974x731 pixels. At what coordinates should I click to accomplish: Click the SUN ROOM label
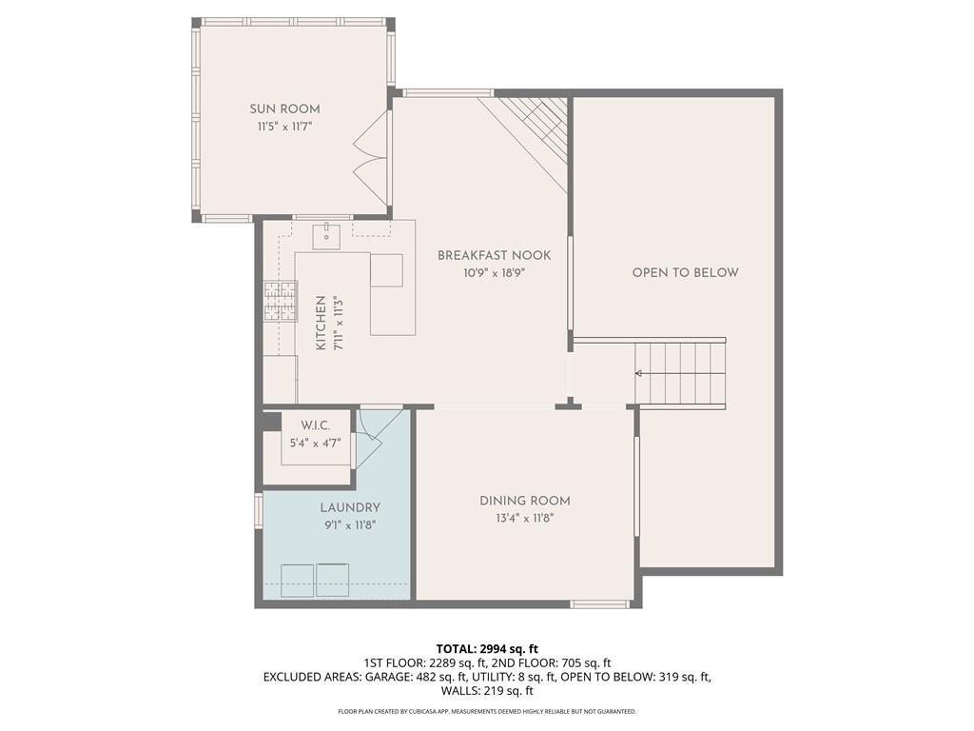[284, 109]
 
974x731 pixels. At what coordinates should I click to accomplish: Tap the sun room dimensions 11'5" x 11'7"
[284, 126]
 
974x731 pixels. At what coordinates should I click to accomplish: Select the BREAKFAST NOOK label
[494, 255]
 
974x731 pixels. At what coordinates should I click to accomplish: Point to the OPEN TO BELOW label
[685, 272]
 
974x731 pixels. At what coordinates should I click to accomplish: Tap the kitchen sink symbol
[325, 232]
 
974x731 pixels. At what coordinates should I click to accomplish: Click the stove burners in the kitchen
[280, 302]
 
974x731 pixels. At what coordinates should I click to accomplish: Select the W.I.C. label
[315, 425]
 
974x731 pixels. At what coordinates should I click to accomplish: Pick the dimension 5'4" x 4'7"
[315, 443]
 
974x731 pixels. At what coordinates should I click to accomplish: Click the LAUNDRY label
[350, 507]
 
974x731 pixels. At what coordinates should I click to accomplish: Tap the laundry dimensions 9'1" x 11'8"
[350, 524]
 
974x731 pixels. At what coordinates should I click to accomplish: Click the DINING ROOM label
[524, 501]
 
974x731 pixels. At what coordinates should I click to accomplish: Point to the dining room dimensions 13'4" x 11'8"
[524, 518]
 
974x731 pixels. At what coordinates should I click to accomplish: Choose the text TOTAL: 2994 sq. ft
[486, 649]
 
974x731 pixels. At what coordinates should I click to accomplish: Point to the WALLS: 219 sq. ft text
[486, 691]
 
